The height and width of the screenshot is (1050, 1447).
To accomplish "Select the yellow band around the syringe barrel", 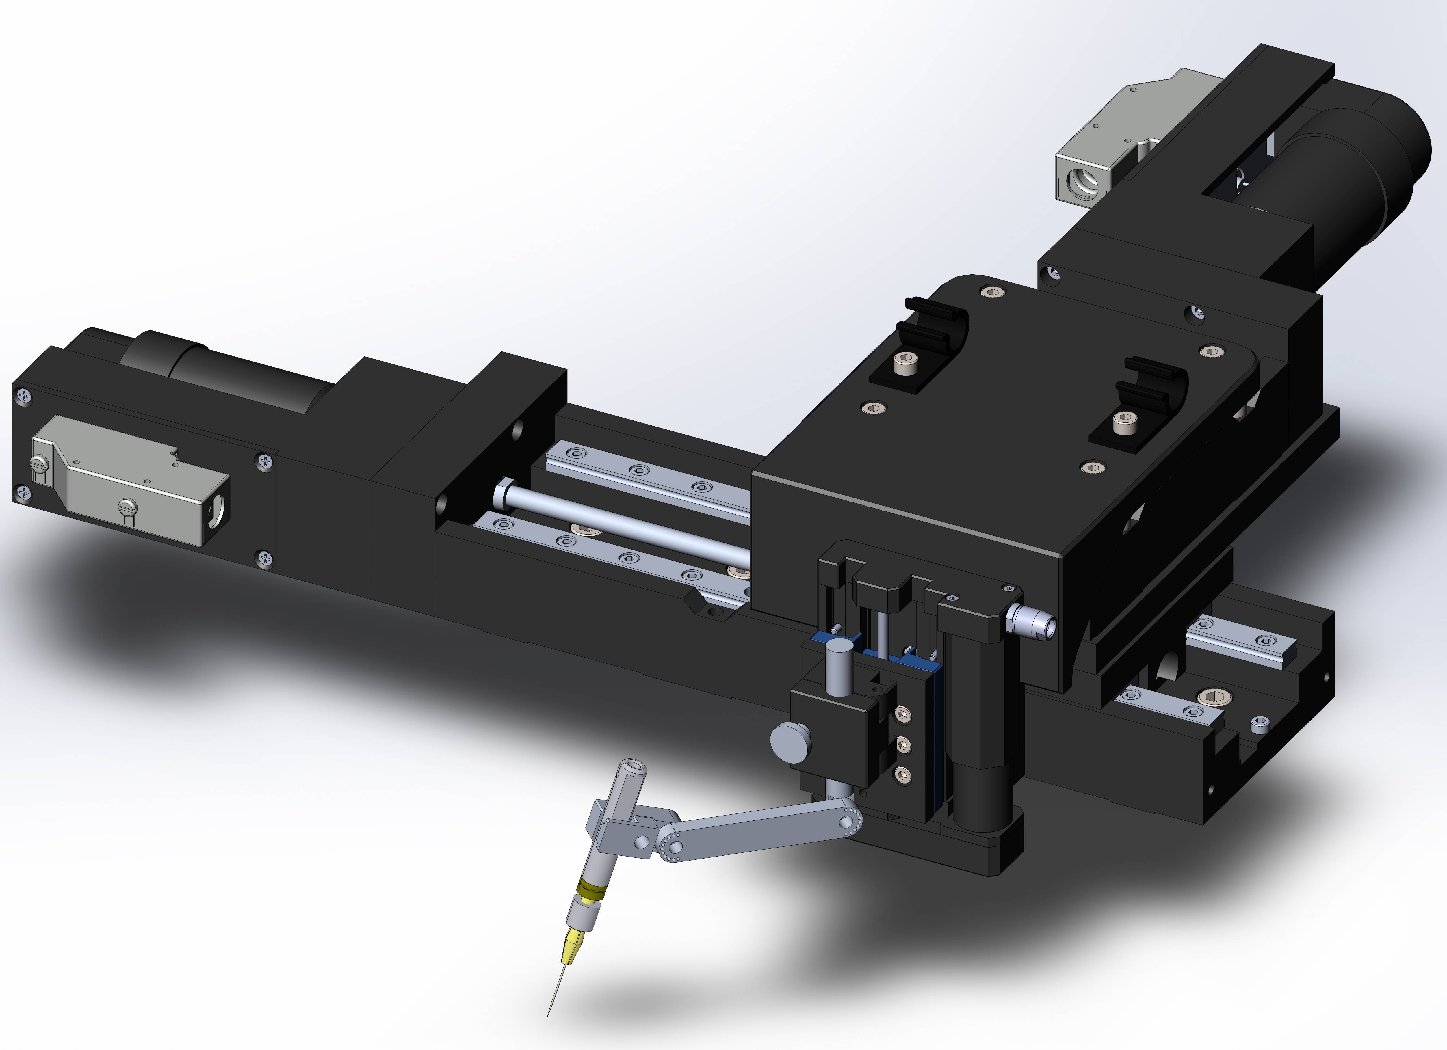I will (x=590, y=889).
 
